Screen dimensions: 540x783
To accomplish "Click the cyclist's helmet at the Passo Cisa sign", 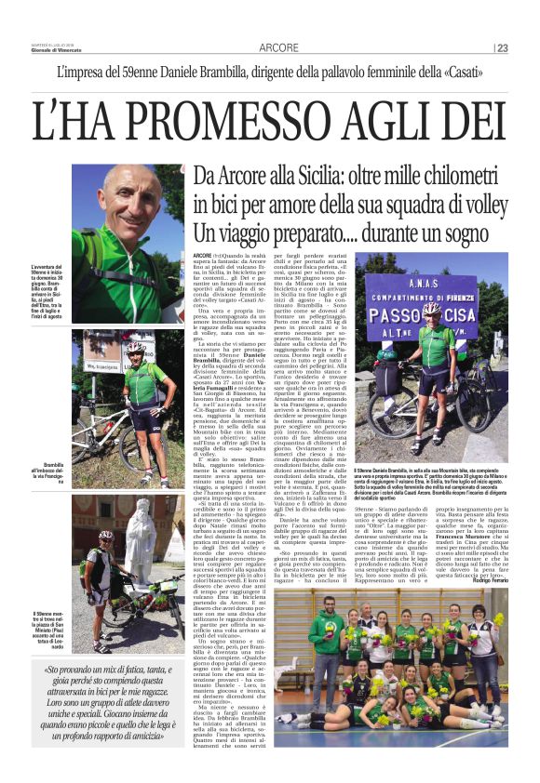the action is [x=430, y=308].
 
